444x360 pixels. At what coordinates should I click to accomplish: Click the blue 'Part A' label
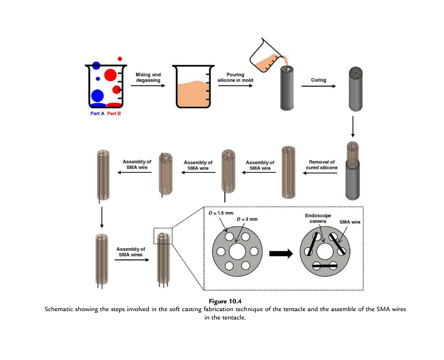tap(98, 113)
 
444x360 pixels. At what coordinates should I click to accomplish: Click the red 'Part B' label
tap(114, 113)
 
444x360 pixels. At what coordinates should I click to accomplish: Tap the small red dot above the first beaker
tap(120, 59)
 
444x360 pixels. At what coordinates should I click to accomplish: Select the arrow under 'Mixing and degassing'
tap(148, 86)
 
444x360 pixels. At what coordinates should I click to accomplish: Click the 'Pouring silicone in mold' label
tap(235, 77)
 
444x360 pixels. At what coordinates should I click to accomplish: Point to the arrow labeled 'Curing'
tap(319, 86)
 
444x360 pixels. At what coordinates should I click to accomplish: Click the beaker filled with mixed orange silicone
tap(193, 87)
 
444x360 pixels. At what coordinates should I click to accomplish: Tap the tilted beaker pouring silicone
tap(267, 56)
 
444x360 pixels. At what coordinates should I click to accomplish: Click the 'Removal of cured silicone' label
tap(322, 164)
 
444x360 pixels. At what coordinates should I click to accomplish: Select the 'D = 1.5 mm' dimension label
tap(221, 213)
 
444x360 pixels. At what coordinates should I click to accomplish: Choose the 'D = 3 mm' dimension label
tap(247, 219)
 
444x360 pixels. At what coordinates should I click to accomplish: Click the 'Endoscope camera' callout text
tap(318, 218)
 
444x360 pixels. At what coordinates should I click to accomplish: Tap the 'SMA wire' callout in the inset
tap(350, 222)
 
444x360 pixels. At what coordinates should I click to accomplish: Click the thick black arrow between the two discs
tap(281, 253)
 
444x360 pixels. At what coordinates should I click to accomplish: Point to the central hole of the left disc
tap(238, 252)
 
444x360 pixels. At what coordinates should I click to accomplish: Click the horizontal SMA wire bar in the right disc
tap(325, 266)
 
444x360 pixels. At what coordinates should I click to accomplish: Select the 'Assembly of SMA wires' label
tap(130, 252)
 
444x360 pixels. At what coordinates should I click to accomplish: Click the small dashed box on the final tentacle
tap(163, 236)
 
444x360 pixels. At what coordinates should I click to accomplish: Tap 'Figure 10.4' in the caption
tap(225, 301)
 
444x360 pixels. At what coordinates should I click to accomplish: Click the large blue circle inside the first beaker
tap(97, 96)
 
